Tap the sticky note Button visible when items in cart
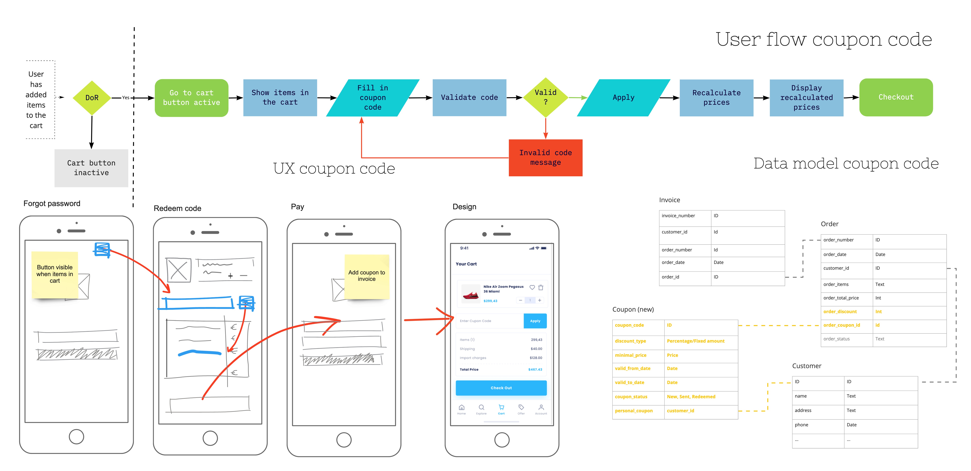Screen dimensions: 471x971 click(55, 274)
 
